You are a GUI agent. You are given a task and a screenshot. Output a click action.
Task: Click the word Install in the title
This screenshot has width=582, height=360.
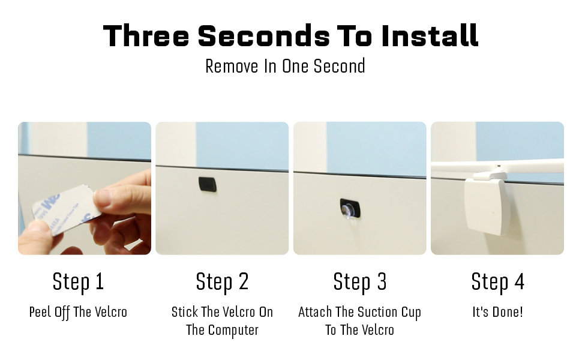[x=430, y=35]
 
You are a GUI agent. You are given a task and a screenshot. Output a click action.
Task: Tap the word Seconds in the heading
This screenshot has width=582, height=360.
[x=264, y=35]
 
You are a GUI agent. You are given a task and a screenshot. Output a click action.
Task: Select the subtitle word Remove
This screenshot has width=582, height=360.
[x=232, y=67]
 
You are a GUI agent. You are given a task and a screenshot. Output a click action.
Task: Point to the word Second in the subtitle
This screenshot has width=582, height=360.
[x=339, y=67]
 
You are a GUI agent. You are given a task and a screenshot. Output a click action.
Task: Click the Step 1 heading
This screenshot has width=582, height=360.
[x=78, y=281]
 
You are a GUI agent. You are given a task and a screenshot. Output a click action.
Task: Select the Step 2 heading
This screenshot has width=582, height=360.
[x=222, y=281]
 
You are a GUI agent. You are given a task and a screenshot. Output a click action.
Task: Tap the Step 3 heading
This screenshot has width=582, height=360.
[x=359, y=281]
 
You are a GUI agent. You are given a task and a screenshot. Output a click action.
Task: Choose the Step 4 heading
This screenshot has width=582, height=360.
[x=497, y=281]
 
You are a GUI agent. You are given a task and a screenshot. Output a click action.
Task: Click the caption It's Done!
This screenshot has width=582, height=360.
[x=497, y=312]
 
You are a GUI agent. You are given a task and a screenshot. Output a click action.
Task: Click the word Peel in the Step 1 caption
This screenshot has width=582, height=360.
[x=40, y=312]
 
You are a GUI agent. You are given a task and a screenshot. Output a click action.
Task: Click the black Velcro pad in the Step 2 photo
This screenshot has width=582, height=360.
[x=208, y=184]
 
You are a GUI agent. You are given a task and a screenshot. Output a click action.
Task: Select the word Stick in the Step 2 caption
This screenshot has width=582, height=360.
[x=184, y=312]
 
